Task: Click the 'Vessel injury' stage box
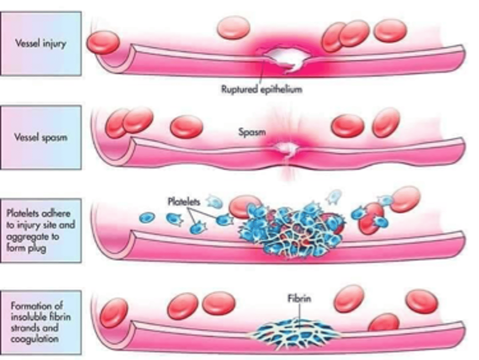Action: tap(41, 44)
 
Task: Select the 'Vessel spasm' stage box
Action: tap(41, 137)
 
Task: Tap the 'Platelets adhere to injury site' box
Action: tap(41, 231)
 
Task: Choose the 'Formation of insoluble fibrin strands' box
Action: tap(41, 322)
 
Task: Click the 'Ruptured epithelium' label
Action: tap(262, 89)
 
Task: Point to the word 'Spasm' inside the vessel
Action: tap(252, 132)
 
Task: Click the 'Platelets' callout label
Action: tap(184, 202)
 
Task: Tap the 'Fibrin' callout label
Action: tap(299, 298)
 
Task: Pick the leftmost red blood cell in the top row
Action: tap(103, 43)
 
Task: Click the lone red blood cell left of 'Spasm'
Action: tap(186, 126)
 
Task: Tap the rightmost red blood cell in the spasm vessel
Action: tap(386, 122)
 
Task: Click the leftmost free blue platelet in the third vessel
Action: tap(147, 217)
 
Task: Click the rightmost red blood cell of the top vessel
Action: tap(390, 30)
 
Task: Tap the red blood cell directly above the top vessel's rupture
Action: tap(233, 27)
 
